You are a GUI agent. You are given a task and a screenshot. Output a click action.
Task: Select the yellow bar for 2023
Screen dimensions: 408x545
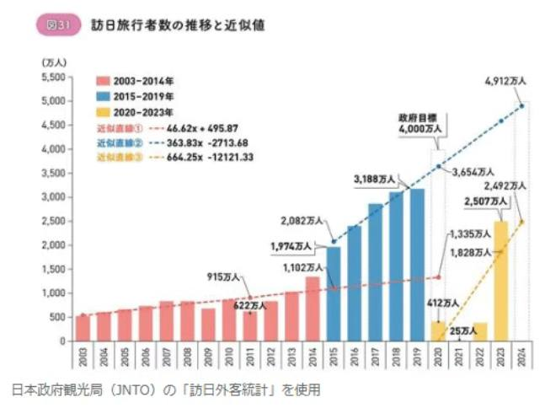[500, 281]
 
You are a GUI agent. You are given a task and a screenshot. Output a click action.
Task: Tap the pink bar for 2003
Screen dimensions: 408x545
[82, 328]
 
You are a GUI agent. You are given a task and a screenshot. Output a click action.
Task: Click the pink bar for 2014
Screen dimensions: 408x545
[312, 309]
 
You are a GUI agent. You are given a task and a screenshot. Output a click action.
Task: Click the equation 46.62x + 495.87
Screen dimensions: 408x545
[189, 126]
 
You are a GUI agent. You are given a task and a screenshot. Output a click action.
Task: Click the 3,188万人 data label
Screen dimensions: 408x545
[378, 178]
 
